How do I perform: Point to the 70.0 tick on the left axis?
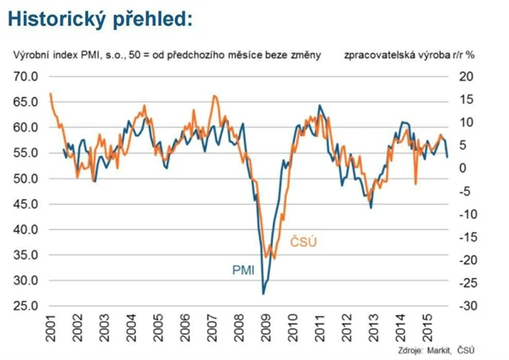point(26,76)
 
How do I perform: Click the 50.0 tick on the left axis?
point(26,178)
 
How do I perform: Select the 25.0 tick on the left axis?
point(26,306)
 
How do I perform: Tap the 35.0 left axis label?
point(26,255)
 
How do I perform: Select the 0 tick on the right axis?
point(462,168)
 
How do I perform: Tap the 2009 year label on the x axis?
point(265,327)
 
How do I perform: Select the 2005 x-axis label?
point(158,327)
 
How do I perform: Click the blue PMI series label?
point(243,270)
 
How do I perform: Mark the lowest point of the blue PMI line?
point(263,294)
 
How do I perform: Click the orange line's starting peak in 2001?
point(51,94)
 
